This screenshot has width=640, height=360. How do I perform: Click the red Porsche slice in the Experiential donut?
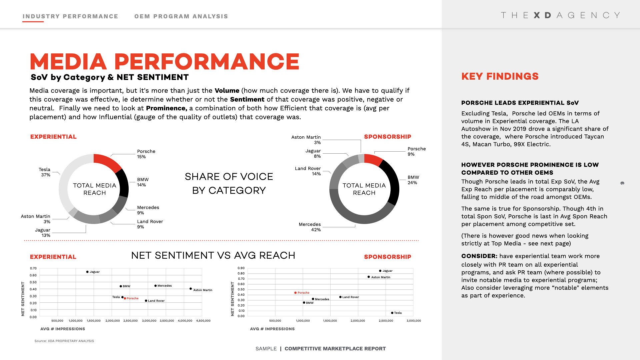click(107, 162)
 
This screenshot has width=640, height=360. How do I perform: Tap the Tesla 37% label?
click(45, 172)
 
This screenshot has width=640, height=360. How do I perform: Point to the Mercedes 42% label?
click(310, 227)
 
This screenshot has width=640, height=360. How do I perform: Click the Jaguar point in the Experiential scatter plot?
click(87, 272)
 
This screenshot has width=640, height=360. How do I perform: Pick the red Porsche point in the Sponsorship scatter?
click(295, 293)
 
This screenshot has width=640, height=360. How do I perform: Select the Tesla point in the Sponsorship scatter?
click(392, 313)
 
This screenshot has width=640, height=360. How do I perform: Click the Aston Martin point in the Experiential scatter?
click(190, 289)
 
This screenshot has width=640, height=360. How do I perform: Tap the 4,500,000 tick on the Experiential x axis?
click(203, 321)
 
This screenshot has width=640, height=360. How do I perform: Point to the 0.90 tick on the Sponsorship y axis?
click(241, 268)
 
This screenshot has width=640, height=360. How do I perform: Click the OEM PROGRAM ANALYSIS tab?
click(181, 16)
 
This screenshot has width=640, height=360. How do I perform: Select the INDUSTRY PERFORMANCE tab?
click(70, 16)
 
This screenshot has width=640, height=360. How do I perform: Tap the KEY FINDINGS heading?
click(500, 76)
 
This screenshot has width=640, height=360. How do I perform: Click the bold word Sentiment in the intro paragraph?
click(247, 99)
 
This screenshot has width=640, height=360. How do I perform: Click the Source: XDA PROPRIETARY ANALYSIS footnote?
click(64, 341)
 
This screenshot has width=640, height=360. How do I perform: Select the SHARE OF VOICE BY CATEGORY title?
click(229, 183)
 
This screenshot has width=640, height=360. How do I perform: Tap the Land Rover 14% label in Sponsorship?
click(308, 171)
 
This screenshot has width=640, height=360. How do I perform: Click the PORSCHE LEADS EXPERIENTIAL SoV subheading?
click(520, 103)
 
